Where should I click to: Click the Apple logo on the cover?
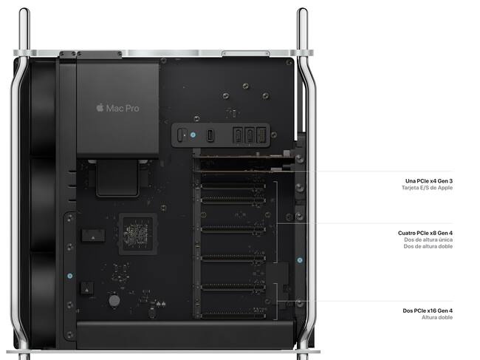(100, 108)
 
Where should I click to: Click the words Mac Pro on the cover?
(123, 108)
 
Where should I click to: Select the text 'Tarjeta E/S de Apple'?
(427, 189)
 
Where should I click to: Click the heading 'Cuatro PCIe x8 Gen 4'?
(425, 233)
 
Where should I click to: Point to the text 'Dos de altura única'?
(428, 240)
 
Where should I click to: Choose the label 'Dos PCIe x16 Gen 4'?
(428, 310)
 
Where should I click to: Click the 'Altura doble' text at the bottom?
(438, 318)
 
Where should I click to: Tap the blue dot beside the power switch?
(193, 135)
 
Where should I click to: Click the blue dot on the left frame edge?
(69, 275)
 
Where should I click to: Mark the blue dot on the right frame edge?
(300, 259)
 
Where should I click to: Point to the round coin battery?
(114, 301)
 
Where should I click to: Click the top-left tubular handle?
(24, 30)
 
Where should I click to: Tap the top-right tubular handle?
(302, 30)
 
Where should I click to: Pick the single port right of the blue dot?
(210, 136)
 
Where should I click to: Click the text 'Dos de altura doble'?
(428, 248)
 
